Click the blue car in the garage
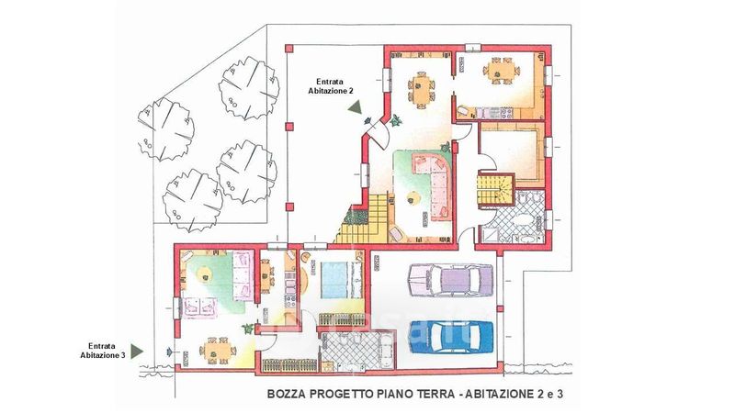click(451, 337)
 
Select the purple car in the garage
click(451, 280)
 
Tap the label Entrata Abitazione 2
click(330, 86)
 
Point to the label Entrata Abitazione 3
click(102, 351)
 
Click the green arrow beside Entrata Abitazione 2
click(355, 106)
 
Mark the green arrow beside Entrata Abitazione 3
click(136, 352)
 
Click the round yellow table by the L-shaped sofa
click(413, 200)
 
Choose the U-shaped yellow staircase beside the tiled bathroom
click(496, 189)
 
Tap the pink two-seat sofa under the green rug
click(200, 307)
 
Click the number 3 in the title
click(559, 394)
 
